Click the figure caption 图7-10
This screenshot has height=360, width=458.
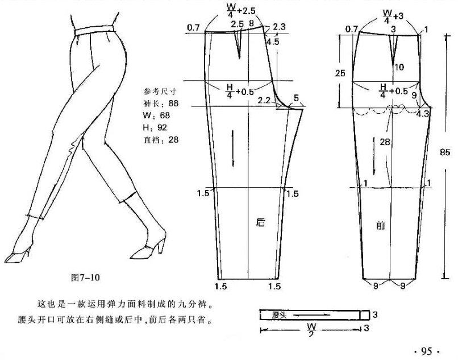click(x=85, y=277)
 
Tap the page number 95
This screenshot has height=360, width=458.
click(x=426, y=351)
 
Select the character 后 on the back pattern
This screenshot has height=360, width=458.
click(x=260, y=222)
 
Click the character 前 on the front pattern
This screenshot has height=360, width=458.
click(x=380, y=225)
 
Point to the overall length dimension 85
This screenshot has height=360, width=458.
click(x=445, y=152)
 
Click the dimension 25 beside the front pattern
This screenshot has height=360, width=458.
click(x=340, y=73)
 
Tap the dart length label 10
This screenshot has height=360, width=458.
click(x=399, y=67)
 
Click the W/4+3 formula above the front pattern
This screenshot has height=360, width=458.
click(x=393, y=16)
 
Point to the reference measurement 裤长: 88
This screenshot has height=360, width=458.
click(x=161, y=104)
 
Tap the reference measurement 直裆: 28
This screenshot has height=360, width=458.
click(x=161, y=140)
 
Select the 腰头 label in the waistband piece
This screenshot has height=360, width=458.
click(x=279, y=315)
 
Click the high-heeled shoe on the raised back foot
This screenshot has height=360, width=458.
click(x=148, y=248)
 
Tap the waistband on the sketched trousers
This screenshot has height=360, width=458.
click(x=94, y=30)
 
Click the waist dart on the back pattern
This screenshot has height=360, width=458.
click(x=239, y=44)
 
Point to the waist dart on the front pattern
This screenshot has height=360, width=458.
click(x=393, y=49)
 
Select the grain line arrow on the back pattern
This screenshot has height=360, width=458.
click(x=233, y=148)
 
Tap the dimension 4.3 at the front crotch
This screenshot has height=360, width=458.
click(x=422, y=114)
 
